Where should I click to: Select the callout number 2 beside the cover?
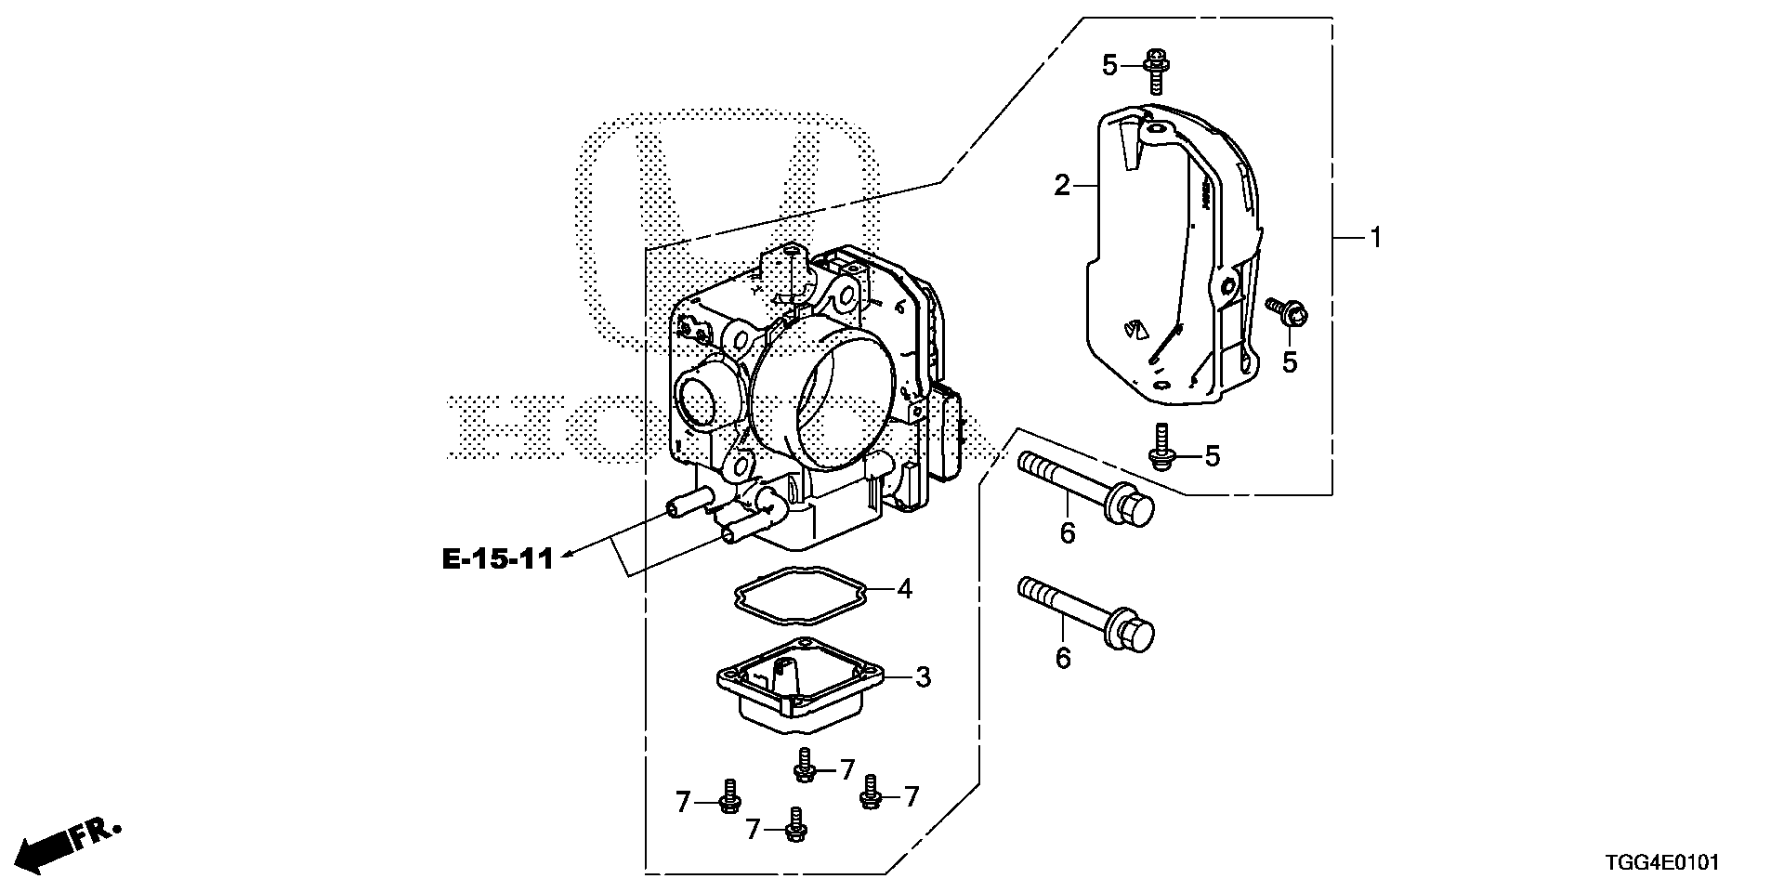(x=1062, y=186)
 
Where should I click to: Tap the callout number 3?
(x=922, y=677)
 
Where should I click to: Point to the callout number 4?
(x=904, y=588)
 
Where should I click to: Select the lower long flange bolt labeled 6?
(x=1085, y=611)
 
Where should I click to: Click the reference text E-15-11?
(x=496, y=558)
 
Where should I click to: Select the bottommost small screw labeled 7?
(x=794, y=825)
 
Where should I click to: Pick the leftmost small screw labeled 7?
(x=729, y=796)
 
